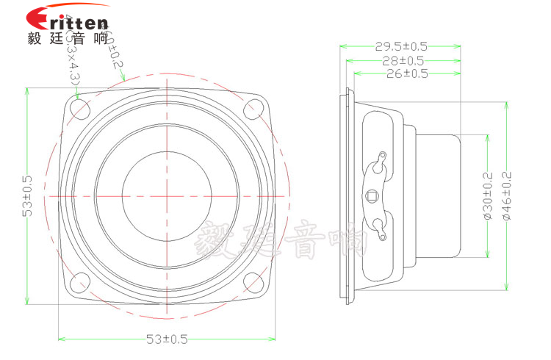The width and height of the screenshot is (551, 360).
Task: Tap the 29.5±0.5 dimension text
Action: click(400, 46)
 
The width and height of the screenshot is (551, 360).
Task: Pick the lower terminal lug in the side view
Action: click(380, 228)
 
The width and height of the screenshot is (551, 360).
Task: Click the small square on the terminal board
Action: click(372, 195)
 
